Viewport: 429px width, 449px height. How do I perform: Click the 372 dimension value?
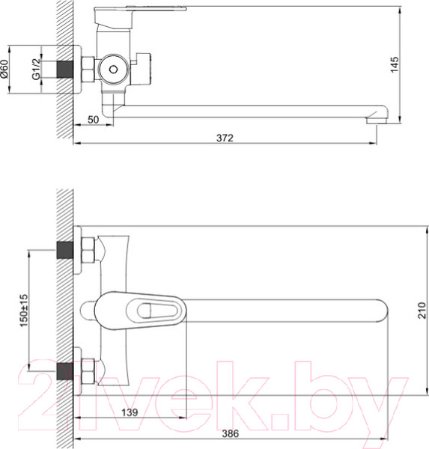point(225,138)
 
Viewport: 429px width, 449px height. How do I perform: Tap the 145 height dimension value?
point(395,64)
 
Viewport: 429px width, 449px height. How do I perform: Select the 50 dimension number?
point(93,120)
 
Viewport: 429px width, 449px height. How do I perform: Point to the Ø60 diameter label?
point(4,69)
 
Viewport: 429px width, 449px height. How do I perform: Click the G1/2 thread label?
point(36,69)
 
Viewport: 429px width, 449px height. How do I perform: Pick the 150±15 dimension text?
point(24,311)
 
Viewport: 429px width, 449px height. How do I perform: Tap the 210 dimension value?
point(422,310)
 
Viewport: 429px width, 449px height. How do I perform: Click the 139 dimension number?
point(130,412)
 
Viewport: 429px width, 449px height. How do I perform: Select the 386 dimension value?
point(230,433)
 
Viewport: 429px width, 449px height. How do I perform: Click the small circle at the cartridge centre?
point(114,69)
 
